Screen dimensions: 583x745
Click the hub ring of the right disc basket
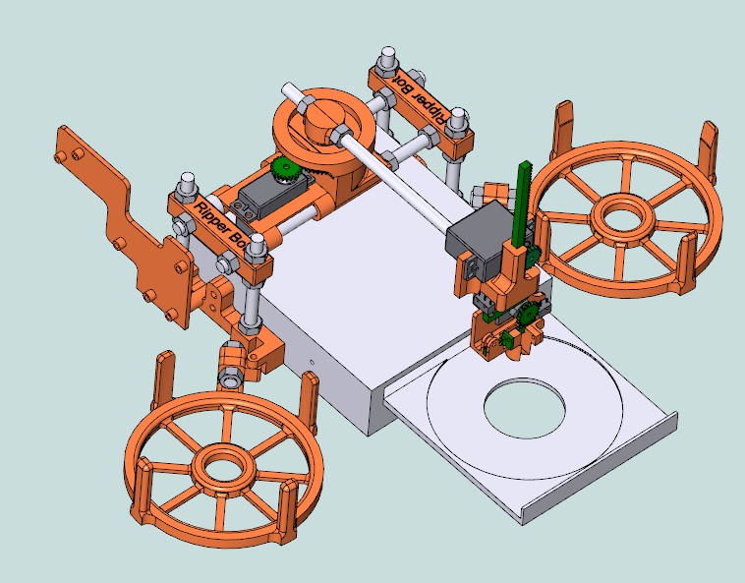point(624,212)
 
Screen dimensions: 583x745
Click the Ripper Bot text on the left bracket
point(221,223)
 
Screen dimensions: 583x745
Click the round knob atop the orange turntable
point(319,121)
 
